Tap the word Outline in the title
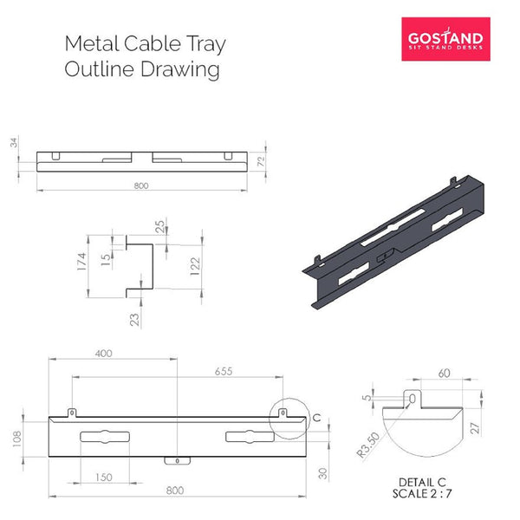95,69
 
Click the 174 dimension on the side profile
81,261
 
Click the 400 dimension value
105,354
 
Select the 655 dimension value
224,372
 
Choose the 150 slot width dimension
103,478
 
